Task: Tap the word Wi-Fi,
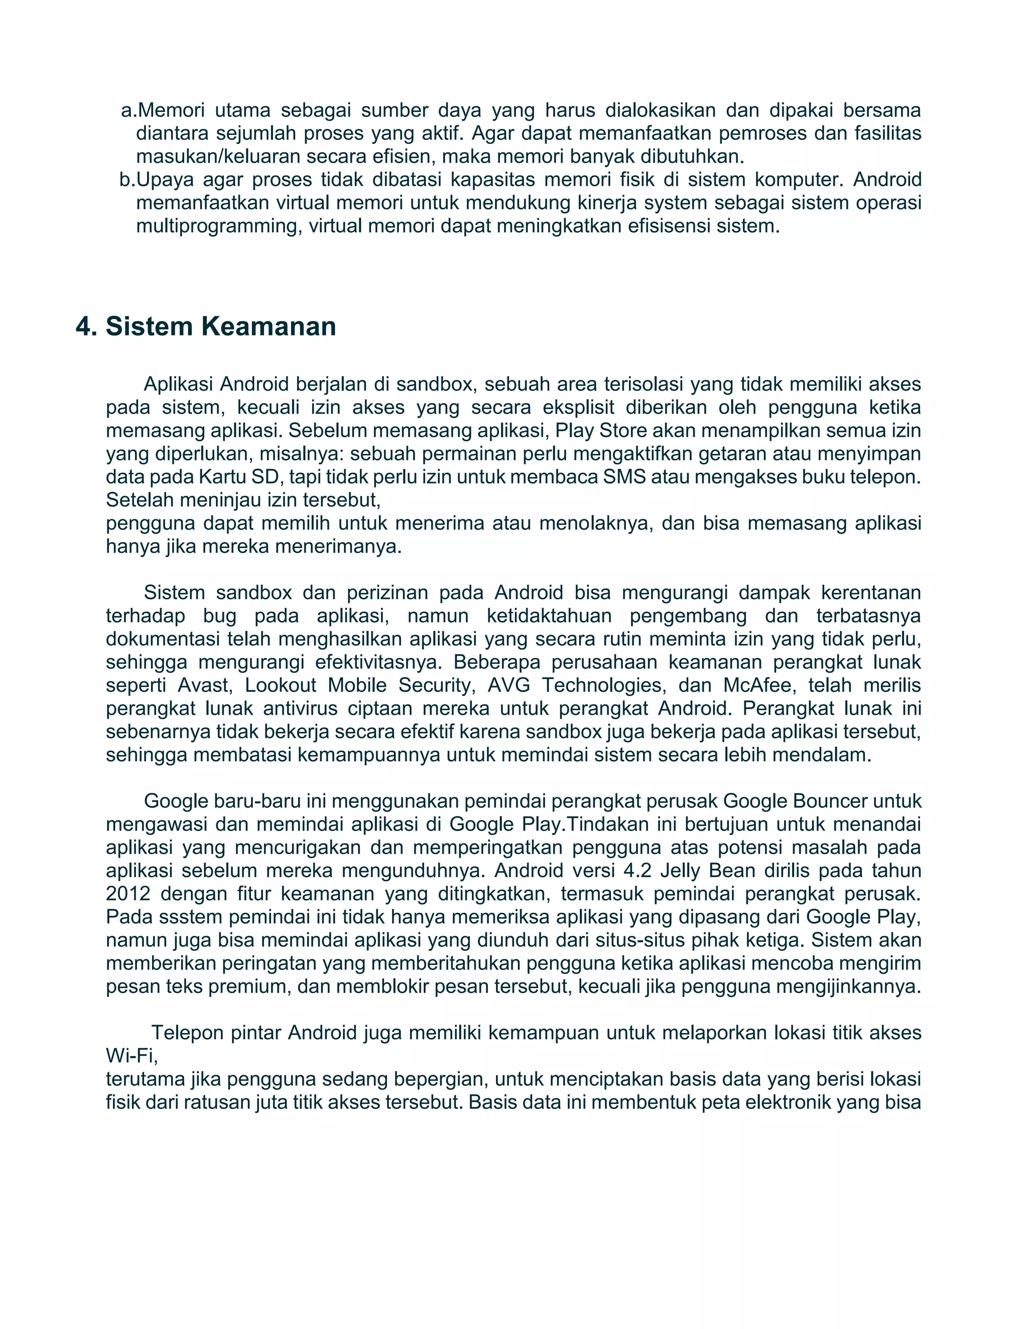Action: [132, 1056]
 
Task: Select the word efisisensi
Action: [651, 226]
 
